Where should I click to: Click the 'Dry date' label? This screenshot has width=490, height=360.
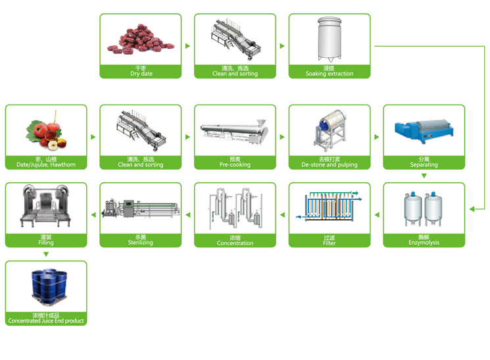pyautogui.click(x=141, y=74)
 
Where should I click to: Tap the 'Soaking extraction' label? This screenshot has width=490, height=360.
pyautogui.click(x=330, y=74)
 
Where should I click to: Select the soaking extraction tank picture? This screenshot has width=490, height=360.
pyautogui.click(x=330, y=38)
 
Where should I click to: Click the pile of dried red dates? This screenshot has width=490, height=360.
pyautogui.click(x=140, y=39)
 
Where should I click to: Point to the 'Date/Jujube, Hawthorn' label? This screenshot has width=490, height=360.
pyautogui.click(x=46, y=165)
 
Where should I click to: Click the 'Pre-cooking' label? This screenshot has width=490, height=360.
pyautogui.click(x=235, y=165)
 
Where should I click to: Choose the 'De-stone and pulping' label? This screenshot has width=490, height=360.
pyautogui.click(x=330, y=165)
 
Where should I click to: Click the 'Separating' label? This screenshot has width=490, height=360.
pyautogui.click(x=424, y=165)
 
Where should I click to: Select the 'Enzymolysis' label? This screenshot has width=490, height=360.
pyautogui.click(x=424, y=243)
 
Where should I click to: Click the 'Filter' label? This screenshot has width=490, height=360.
pyautogui.click(x=330, y=243)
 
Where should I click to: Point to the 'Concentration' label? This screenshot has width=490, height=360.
pyautogui.click(x=235, y=243)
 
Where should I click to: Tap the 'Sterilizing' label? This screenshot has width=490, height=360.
pyautogui.click(x=141, y=243)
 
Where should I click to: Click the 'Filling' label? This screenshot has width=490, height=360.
pyautogui.click(x=46, y=243)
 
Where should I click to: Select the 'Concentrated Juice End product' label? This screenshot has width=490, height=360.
pyautogui.click(x=46, y=321)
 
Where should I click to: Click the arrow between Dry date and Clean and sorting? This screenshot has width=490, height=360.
pyautogui.click(x=188, y=46)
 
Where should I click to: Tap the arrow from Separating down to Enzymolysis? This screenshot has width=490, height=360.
pyautogui.click(x=424, y=176)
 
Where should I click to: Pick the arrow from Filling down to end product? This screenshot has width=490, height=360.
pyautogui.click(x=46, y=254)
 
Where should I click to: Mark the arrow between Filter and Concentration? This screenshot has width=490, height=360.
pyautogui.click(x=282, y=215)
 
